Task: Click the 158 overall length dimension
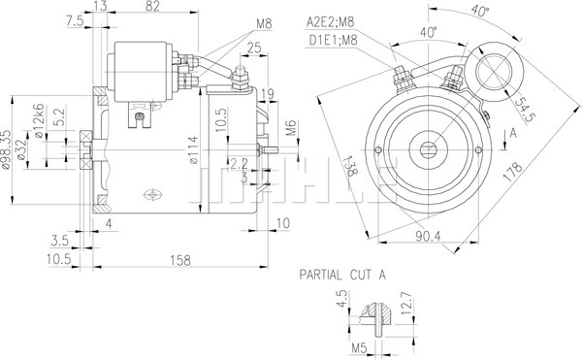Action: coord(180,260)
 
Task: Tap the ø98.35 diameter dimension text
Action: coord(6,150)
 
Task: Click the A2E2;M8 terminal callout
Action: coord(331,22)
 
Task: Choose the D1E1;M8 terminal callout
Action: coord(334,40)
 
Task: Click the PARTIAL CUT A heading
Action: coord(342,275)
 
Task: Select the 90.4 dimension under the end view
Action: coord(428,236)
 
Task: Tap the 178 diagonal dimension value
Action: coord(512,172)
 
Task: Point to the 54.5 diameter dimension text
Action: coord(526,110)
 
